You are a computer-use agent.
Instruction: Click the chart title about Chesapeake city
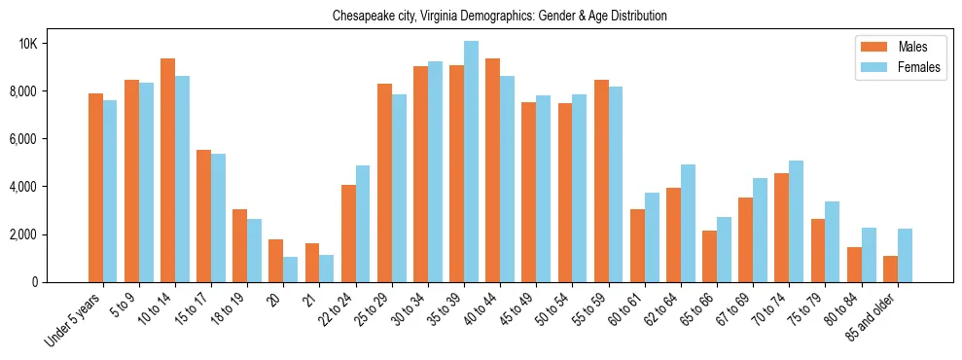tap(499, 17)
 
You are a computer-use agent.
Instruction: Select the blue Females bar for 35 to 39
tap(471, 162)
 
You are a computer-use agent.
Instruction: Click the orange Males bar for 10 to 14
tap(167, 170)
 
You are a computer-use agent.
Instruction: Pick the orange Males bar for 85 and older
tap(890, 269)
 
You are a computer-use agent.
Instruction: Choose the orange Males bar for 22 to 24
tap(348, 234)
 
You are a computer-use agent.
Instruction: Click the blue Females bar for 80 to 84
tap(868, 255)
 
